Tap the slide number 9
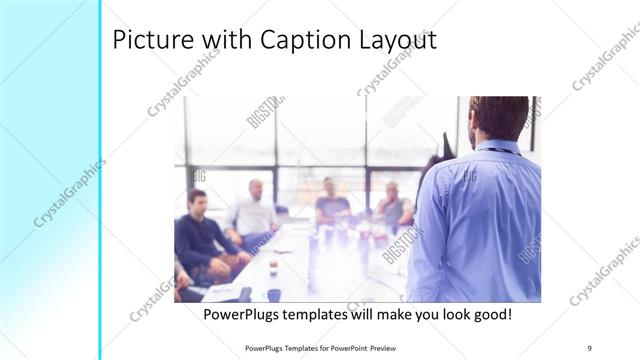tap(590, 348)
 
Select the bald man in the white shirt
tap(254, 210)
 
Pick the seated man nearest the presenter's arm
tap(393, 204)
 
